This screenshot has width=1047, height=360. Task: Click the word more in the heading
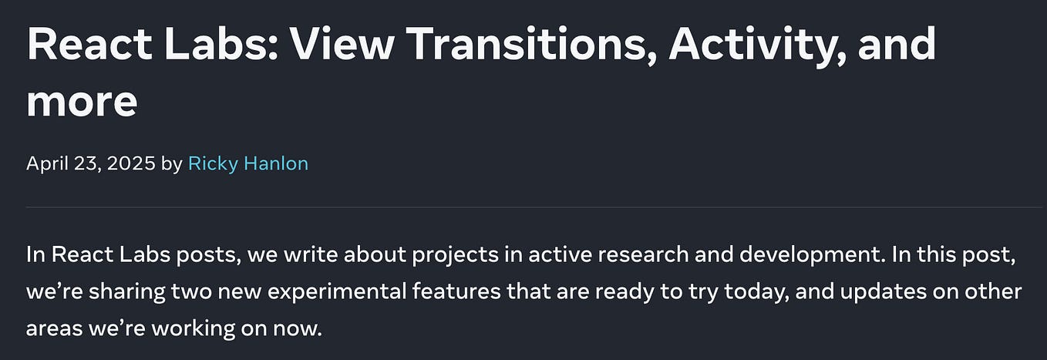(x=82, y=100)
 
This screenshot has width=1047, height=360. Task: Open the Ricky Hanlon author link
(x=248, y=163)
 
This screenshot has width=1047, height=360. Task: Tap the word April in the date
(x=46, y=163)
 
